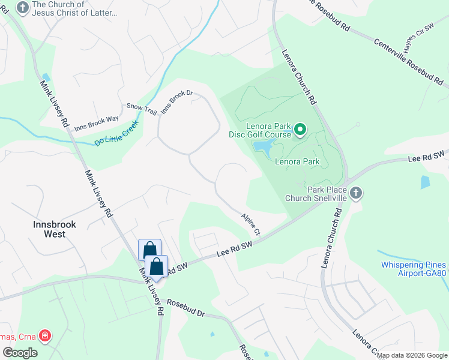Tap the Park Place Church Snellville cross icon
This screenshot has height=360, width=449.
click(x=356, y=193)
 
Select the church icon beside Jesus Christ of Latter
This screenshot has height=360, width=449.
click(x=23, y=8)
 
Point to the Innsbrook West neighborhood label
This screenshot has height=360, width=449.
click(x=55, y=229)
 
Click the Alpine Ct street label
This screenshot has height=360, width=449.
click(x=252, y=223)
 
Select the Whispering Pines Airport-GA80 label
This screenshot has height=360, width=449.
click(x=414, y=269)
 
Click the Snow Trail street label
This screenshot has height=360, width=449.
click(x=141, y=109)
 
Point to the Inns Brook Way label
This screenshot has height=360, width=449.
click(x=97, y=124)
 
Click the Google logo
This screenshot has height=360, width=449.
click(x=20, y=353)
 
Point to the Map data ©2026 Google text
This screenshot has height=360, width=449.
click(x=412, y=355)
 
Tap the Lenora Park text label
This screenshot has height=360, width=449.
click(x=297, y=161)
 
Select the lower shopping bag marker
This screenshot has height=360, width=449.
click(x=156, y=267)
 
